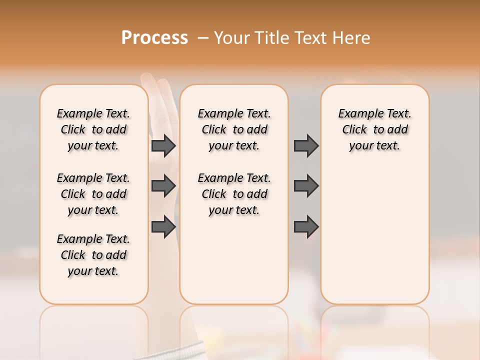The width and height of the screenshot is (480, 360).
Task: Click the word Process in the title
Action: pos(154,38)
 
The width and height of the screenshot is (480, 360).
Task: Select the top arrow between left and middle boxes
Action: pos(163,145)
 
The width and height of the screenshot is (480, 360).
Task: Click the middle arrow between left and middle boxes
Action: pos(163,186)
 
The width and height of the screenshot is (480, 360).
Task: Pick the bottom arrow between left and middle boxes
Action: pos(163,226)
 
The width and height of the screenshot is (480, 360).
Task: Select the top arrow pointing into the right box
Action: pos(306,145)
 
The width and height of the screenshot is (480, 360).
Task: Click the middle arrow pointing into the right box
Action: pos(306,186)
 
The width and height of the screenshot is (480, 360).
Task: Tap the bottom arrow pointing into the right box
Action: pos(306,226)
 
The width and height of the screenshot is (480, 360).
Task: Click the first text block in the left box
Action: pos(93,129)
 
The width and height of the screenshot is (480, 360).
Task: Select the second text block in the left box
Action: pos(93,194)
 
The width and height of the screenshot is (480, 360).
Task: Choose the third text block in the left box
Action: pos(93,255)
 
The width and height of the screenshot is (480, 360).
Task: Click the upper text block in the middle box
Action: pos(234,129)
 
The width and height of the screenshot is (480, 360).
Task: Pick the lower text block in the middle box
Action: pos(234,194)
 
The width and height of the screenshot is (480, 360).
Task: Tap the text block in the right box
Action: pos(375,129)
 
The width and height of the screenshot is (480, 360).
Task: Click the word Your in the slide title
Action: pos(230,38)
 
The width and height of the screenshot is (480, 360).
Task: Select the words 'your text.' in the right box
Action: pos(375,146)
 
